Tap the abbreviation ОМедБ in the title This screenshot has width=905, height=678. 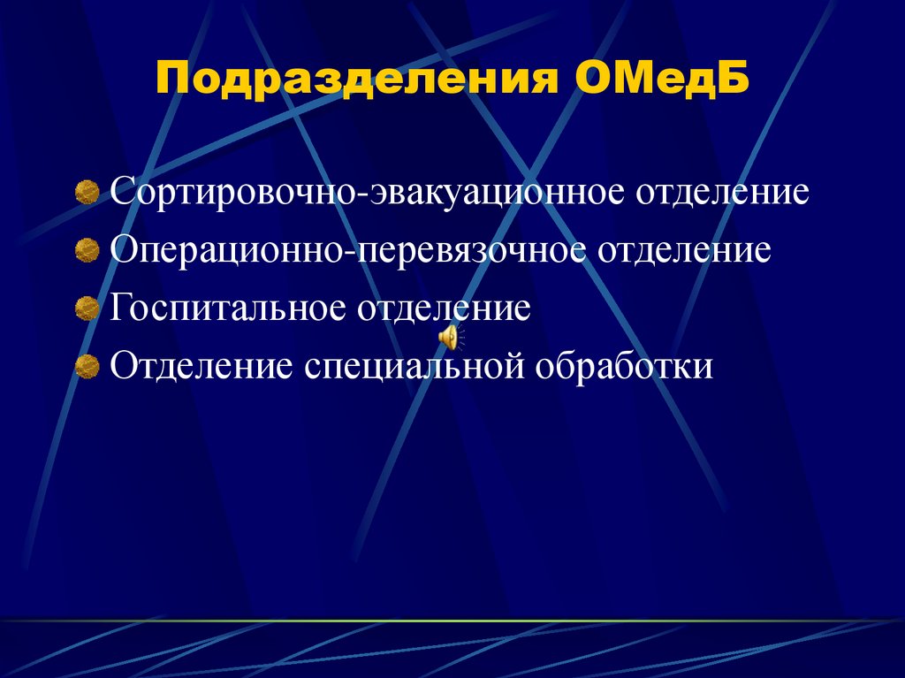tap(663, 80)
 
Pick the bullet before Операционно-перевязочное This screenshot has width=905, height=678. tap(87, 252)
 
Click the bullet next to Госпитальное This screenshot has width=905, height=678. tap(87, 309)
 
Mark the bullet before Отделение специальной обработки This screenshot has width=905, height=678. tap(87, 365)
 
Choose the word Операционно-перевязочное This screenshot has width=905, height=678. tap(349, 250)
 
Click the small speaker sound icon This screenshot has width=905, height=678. tap(450, 337)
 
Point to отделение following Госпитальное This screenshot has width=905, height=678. tap(444, 308)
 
